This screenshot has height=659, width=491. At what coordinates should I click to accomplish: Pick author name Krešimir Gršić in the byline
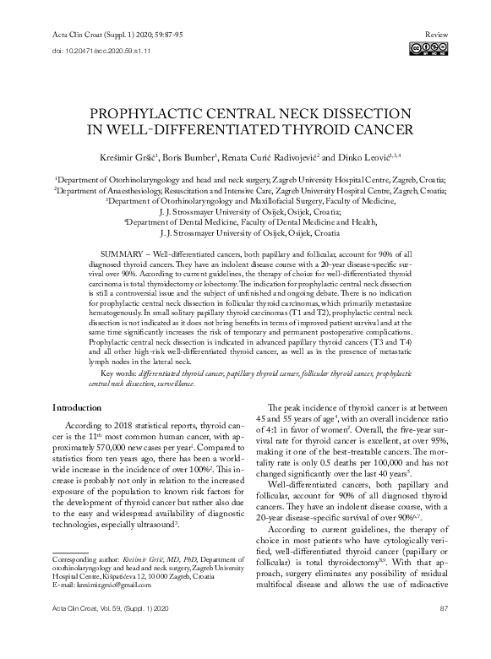point(135,158)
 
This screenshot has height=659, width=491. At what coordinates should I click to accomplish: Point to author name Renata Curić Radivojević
point(269,158)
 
